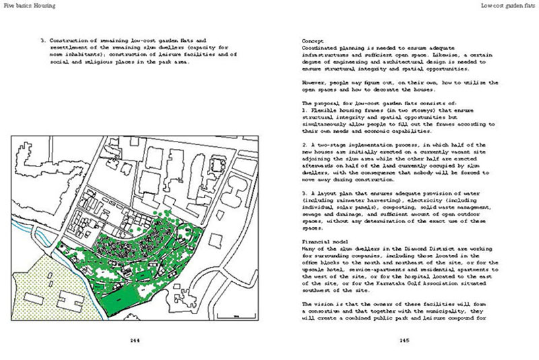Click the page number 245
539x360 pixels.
404,340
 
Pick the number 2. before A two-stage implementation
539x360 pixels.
305,144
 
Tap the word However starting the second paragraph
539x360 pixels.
315,82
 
